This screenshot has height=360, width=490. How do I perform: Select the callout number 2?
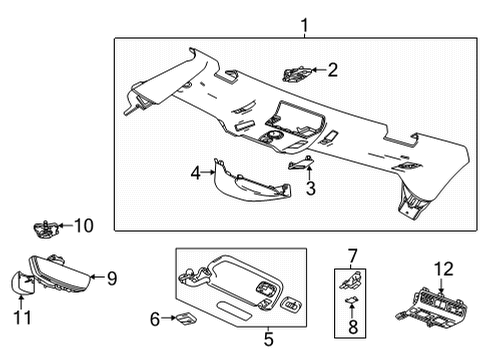(x=333, y=70)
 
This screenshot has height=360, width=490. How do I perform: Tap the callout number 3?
(x=311, y=187)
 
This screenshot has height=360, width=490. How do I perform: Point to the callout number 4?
(x=196, y=174)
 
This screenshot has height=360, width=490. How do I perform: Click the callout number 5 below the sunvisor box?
(x=268, y=339)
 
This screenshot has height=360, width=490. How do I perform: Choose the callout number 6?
(x=155, y=319)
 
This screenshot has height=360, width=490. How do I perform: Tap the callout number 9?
(x=112, y=279)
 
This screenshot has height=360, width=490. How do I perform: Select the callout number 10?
(x=83, y=226)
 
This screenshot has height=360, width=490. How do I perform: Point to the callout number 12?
(x=443, y=268)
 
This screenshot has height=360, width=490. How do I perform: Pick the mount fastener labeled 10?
(x=45, y=227)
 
